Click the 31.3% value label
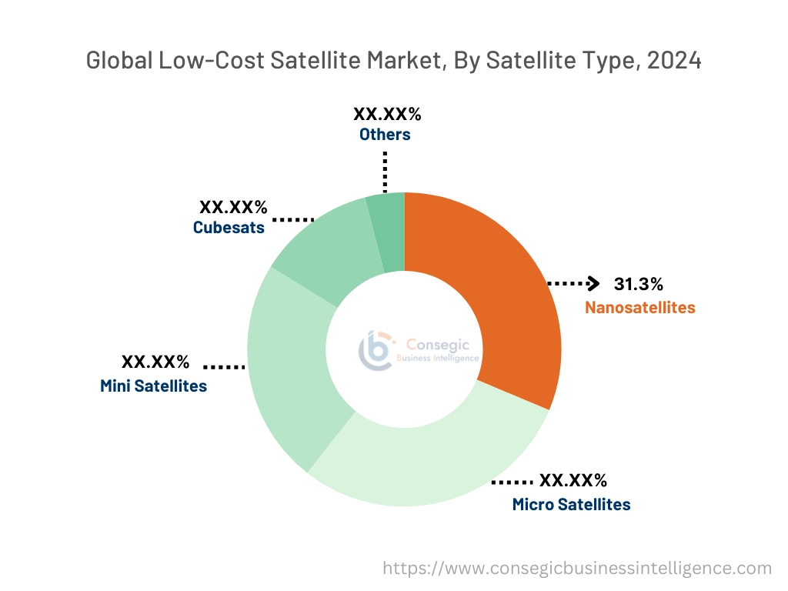pos(638,284)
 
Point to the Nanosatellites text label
pos(639,308)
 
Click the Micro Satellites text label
pos(571,505)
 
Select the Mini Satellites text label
pos(153,386)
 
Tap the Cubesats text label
pos(229,228)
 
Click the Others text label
pos(385,135)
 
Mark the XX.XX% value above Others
pos(387,114)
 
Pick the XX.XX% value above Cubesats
pos(233,207)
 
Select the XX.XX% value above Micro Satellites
pos(573,481)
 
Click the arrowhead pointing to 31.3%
pos(593,284)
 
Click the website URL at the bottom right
pos(577,569)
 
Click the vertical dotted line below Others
pos(384,171)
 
